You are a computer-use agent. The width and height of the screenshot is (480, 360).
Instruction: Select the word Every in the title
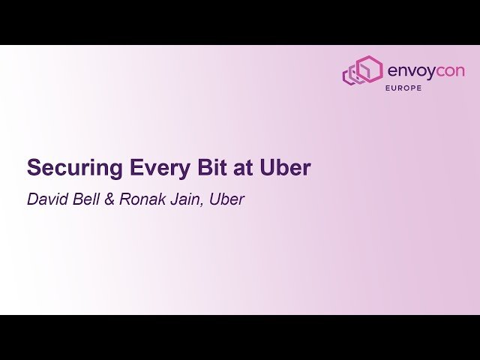146,169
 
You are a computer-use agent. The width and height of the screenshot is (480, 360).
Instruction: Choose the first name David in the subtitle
46,200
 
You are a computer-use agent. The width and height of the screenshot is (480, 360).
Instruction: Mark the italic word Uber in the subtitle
226,200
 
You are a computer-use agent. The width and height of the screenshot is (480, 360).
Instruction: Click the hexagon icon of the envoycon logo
362,71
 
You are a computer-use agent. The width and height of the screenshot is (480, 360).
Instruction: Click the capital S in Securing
34,169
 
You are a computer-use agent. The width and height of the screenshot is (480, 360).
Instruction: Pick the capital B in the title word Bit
187,169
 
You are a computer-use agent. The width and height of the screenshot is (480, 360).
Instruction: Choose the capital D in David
32,200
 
